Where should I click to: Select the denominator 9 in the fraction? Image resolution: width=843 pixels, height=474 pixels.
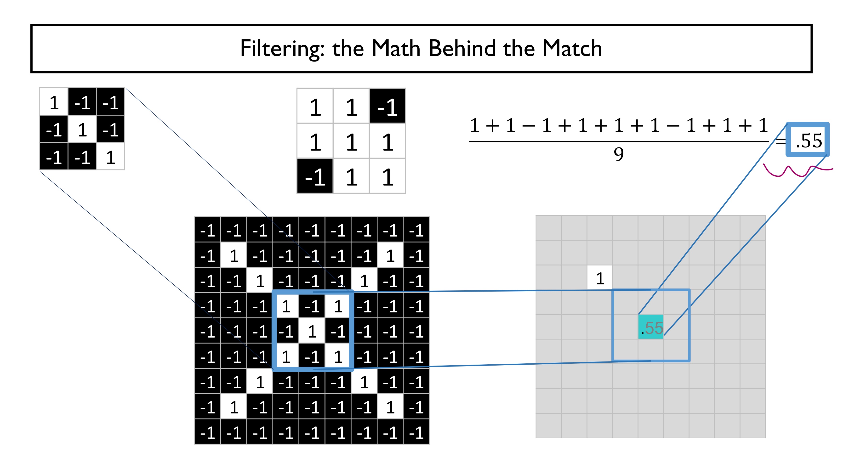[x=619, y=154]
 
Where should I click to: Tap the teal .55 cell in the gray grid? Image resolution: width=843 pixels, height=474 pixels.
[x=651, y=327]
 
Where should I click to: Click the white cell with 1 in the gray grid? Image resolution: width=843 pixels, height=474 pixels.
[x=599, y=278]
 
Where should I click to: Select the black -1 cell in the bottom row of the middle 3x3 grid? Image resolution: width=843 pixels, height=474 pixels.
[x=315, y=177]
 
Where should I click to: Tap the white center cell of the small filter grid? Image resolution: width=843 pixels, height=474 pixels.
[x=82, y=130]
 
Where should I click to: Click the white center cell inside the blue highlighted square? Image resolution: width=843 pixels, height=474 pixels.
[x=312, y=331]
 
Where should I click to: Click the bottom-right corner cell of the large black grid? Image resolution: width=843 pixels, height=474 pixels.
[x=416, y=432]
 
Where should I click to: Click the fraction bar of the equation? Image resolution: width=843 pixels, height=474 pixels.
[x=619, y=141]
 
